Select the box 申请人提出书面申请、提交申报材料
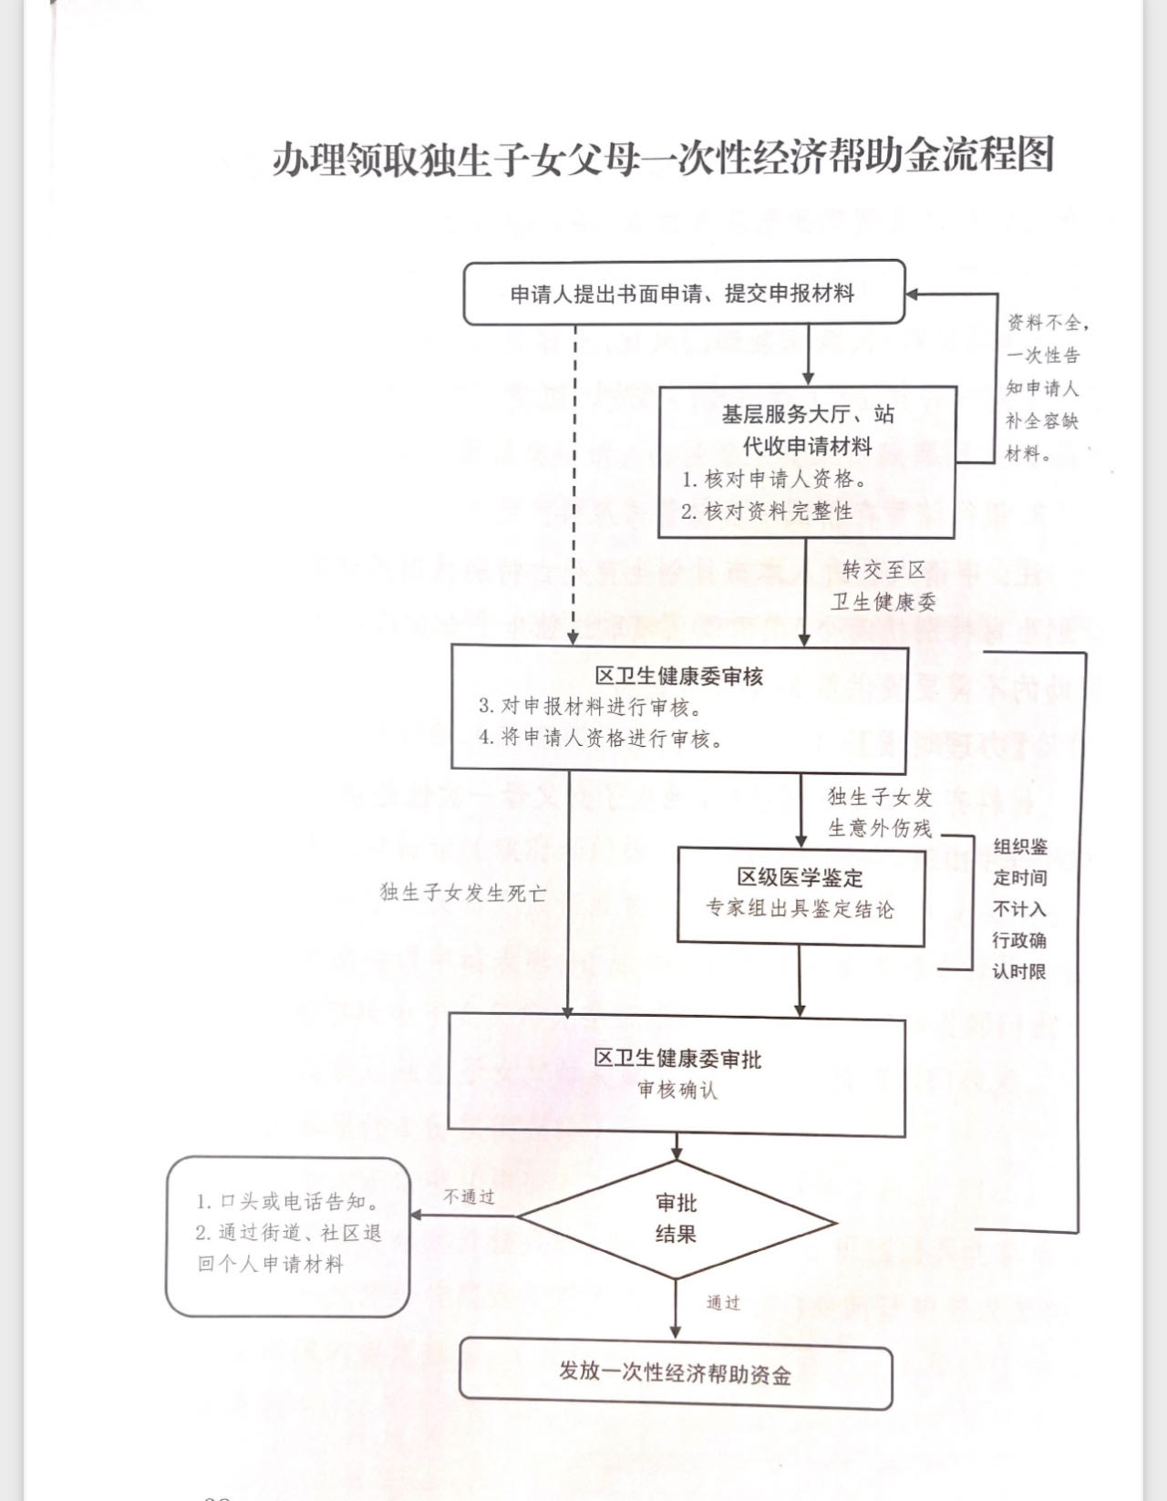coord(683,294)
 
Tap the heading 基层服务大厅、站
coord(808,415)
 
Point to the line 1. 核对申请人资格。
coord(774,480)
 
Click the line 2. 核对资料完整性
coord(767,512)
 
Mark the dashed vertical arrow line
coord(575,483)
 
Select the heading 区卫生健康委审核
coord(679,677)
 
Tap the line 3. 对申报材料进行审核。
coord(590,707)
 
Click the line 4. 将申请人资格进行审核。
coord(602,739)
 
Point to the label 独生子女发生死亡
coord(463,893)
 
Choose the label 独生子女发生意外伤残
coord(880,813)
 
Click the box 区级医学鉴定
coord(800,895)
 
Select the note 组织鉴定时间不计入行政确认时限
coord(1019,909)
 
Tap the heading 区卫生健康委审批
coord(677,1059)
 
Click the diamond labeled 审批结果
coord(676,1219)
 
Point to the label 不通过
coord(469,1196)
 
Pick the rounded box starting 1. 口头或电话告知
coord(287,1236)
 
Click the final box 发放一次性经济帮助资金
coord(676,1373)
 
